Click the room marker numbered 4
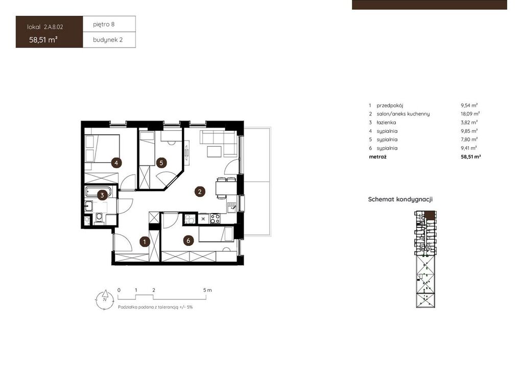pyautogui.click(x=116, y=163)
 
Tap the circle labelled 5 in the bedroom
pyautogui.click(x=161, y=163)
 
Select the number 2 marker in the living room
pyautogui.click(x=200, y=192)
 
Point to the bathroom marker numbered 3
pyautogui.click(x=102, y=195)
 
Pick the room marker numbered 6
pyautogui.click(x=188, y=241)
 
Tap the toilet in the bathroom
pyautogui.click(x=99, y=218)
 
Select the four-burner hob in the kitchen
pyautogui.click(x=215, y=219)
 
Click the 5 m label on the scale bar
pyautogui.click(x=207, y=290)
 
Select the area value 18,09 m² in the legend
pyautogui.click(x=470, y=114)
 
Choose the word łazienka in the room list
pyautogui.click(x=386, y=123)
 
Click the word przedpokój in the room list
pyautogui.click(x=390, y=105)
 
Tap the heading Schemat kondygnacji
pyautogui.click(x=400, y=199)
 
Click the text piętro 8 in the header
pyautogui.click(x=104, y=25)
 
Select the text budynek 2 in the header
pyautogui.click(x=108, y=40)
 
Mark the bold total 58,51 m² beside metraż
pyautogui.click(x=470, y=156)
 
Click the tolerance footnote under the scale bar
pyautogui.click(x=155, y=307)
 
